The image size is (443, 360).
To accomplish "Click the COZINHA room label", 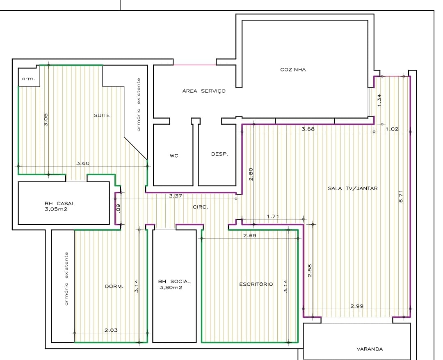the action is tap(293, 69).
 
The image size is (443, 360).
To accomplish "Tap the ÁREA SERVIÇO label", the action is tap(204, 91).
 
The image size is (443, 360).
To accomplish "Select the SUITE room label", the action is tap(102, 115).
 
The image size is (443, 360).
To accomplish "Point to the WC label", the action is tap(174, 156).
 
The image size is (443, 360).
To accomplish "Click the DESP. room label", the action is tap(219, 154).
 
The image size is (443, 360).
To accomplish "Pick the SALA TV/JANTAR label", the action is tap(353, 188).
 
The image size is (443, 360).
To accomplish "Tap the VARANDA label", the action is tap(370, 349).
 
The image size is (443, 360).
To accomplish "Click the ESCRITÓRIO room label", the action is tap(256, 284).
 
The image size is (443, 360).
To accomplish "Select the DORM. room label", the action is tap(114, 287).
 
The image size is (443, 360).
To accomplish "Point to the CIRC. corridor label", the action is tap(200, 207).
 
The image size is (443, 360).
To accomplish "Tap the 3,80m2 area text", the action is tap(171, 288).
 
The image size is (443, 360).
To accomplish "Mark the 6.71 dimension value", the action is tap(401, 196).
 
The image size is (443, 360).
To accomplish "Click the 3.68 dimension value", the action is tap(308, 129).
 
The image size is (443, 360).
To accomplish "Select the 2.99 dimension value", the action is tap(357, 306).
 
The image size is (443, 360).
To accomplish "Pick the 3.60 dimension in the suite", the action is tap(83, 163).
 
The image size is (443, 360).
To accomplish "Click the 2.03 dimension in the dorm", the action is tap(111, 330).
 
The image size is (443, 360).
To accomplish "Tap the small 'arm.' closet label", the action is tap(29, 79).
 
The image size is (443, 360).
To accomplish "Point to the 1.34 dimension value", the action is tap(379, 101).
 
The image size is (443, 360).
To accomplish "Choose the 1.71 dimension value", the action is tap(273, 216).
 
